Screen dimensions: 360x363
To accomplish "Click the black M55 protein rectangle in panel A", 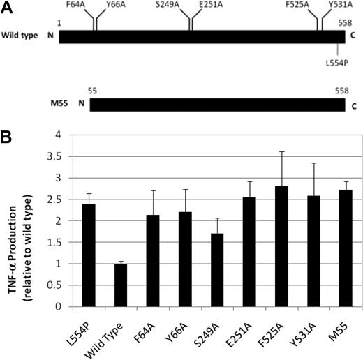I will coord(217,105).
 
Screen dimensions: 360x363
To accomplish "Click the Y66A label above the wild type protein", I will coord(116,6).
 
